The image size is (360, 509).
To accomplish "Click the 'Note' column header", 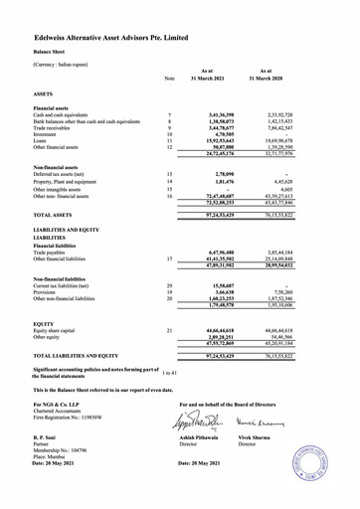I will click(x=170, y=80).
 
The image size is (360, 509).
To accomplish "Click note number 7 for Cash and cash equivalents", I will click(x=170, y=115).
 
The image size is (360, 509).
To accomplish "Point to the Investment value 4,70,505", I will click(x=219, y=134).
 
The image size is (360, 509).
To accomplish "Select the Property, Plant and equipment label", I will click(x=75, y=182).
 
